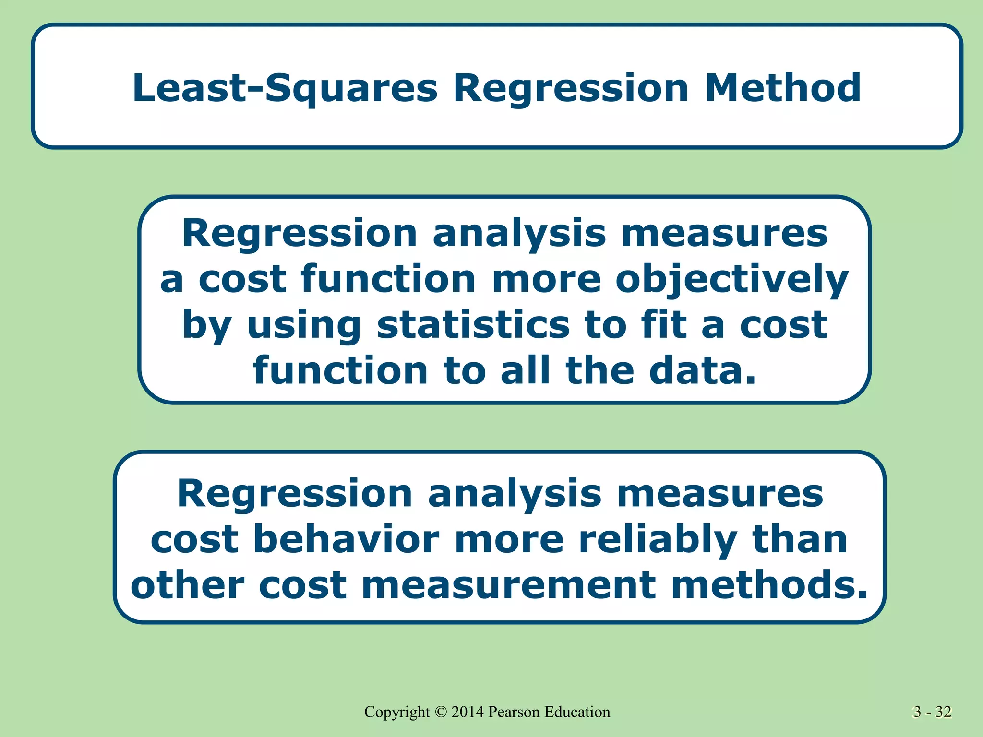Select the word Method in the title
click(x=782, y=88)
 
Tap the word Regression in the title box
click(x=571, y=89)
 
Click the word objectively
click(x=732, y=280)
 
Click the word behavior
click(x=346, y=539)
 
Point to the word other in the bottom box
click(x=187, y=585)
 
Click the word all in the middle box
click(x=525, y=371)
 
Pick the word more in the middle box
click(x=547, y=280)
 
